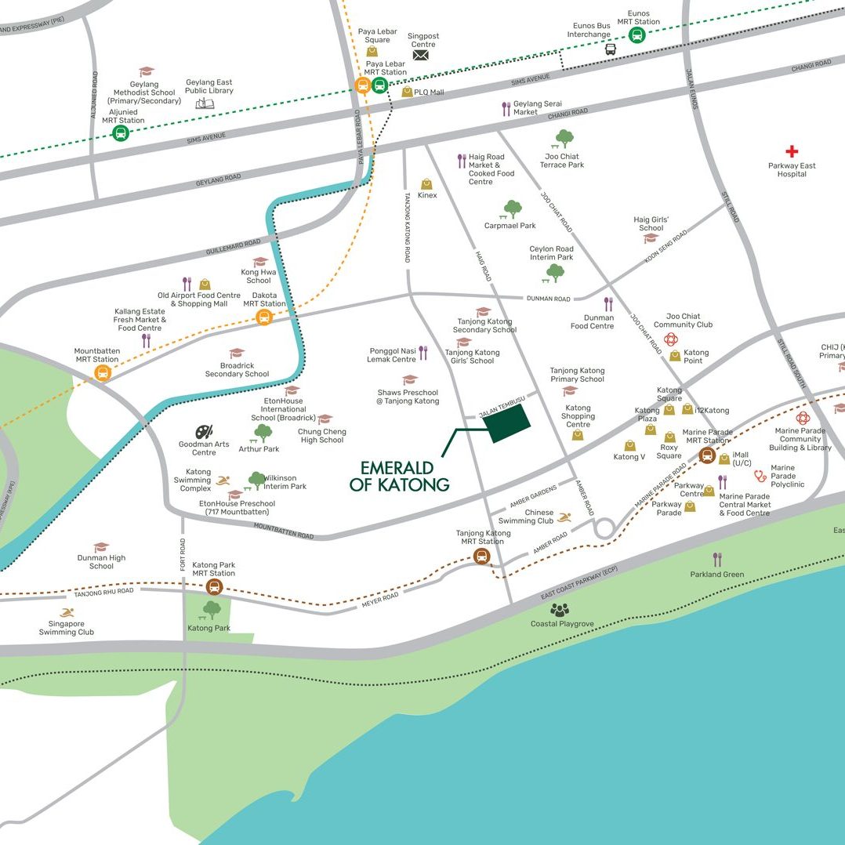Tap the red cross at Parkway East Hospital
pyautogui.click(x=792, y=151)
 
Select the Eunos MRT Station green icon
pyautogui.click(x=636, y=35)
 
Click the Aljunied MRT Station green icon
pyautogui.click(x=121, y=133)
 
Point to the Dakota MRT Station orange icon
pyautogui.click(x=264, y=317)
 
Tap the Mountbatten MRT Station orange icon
pyautogui.click(x=103, y=373)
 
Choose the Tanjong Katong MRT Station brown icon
pyautogui.click(x=482, y=556)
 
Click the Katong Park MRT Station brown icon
pyautogui.click(x=213, y=587)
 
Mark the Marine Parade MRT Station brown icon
pyautogui.click(x=706, y=455)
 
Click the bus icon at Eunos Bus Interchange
pyautogui.click(x=610, y=49)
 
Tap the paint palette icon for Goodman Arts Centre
pyautogui.click(x=204, y=432)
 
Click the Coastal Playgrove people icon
pyautogui.click(x=560, y=609)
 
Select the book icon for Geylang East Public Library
pyautogui.click(x=205, y=103)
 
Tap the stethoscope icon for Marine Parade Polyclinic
pyautogui.click(x=760, y=476)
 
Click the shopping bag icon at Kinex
pyautogui.click(x=427, y=183)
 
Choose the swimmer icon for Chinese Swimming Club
pyautogui.click(x=564, y=517)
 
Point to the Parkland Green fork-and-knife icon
pyautogui.click(x=717, y=559)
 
